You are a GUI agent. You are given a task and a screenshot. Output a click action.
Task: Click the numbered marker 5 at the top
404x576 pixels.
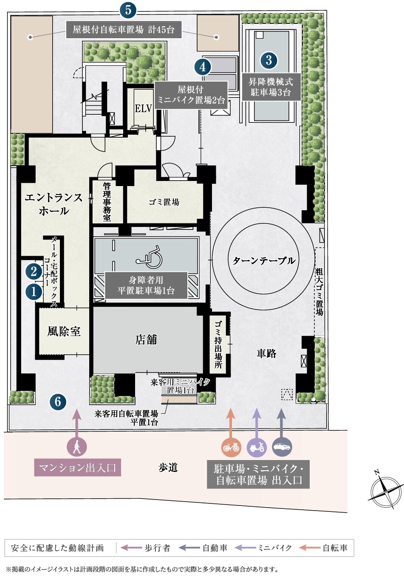click(128, 11)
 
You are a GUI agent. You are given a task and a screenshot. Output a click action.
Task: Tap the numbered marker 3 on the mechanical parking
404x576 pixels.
click(269, 60)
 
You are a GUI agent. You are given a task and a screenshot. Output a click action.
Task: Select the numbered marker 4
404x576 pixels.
click(203, 67)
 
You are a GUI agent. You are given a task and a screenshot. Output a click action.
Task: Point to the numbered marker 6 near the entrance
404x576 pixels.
click(58, 402)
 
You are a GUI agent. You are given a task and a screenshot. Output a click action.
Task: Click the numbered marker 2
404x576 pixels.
click(34, 271)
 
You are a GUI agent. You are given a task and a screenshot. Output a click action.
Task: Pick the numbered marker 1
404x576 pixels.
click(34, 292)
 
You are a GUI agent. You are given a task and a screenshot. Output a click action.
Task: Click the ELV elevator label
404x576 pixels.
click(143, 108)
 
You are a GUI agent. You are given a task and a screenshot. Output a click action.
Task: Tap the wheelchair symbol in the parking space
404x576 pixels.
click(149, 257)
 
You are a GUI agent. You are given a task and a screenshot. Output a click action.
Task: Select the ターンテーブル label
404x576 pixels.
click(264, 260)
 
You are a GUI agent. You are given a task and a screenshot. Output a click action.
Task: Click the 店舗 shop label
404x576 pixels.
click(146, 340)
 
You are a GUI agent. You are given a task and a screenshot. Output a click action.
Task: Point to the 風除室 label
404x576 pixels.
click(64, 331)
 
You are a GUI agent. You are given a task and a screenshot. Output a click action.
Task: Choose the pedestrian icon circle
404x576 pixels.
click(76, 447)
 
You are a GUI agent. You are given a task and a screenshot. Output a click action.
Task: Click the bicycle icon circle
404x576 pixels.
click(231, 447)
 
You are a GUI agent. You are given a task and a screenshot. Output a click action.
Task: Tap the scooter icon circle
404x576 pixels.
click(257, 447)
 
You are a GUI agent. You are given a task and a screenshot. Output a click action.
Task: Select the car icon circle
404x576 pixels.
click(282, 447)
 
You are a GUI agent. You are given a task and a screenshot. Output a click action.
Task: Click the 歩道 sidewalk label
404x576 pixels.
click(168, 468)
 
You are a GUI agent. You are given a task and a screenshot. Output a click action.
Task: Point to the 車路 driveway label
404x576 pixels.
click(266, 353)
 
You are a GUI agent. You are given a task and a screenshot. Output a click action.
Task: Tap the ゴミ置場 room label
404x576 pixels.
click(164, 202)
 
